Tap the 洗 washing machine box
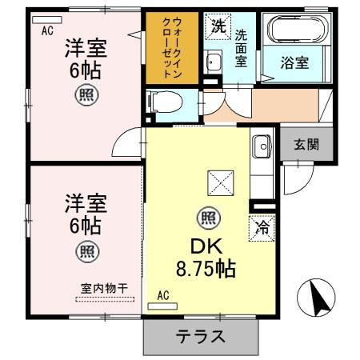(218, 26)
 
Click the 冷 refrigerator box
(261, 226)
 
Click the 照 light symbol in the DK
(208, 216)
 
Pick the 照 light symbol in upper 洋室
(86, 97)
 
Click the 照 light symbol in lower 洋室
(86, 251)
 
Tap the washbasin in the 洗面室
(214, 62)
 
